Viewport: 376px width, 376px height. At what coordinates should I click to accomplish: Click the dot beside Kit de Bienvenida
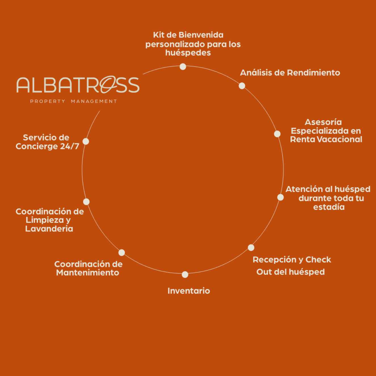[x=183, y=67]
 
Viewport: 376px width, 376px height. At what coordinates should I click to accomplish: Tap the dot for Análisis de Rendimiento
[x=242, y=86]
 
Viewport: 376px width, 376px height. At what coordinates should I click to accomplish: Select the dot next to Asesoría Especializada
[x=277, y=134]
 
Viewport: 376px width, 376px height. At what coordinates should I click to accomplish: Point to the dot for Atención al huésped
[x=280, y=197]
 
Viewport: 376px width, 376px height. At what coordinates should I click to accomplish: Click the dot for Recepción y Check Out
[x=251, y=248]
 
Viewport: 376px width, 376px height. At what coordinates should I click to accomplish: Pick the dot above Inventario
[x=185, y=274]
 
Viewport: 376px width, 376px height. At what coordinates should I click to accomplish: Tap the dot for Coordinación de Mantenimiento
[x=122, y=253]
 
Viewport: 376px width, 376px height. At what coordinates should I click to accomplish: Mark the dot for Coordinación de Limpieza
[x=86, y=202]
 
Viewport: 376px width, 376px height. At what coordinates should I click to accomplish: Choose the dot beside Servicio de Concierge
[x=86, y=141]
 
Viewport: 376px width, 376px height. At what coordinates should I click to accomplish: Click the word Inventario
[x=189, y=291]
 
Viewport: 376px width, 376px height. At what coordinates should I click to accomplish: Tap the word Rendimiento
[x=313, y=73]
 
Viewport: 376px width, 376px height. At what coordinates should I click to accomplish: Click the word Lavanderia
[x=49, y=229]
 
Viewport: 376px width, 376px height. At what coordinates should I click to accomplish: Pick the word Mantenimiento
[x=88, y=273]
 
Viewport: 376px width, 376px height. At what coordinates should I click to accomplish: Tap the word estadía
[x=329, y=207]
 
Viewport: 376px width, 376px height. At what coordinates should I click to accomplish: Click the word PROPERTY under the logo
[x=48, y=101]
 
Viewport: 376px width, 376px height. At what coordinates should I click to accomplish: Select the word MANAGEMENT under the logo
[x=94, y=101]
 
